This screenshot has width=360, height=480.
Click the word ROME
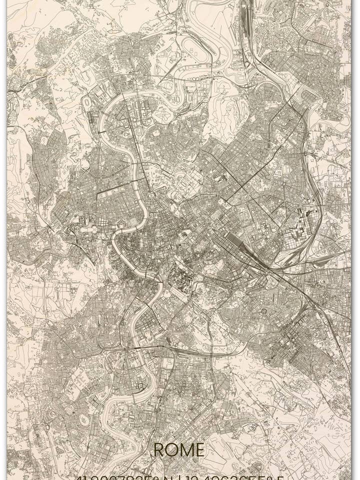point(178,450)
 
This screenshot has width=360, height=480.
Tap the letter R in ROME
point(158,450)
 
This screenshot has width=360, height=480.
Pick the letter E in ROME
point(199,450)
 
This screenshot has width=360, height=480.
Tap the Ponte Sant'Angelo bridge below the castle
point(124,231)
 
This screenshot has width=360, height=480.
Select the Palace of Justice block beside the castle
point(133,220)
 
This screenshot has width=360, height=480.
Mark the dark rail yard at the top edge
point(245,15)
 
